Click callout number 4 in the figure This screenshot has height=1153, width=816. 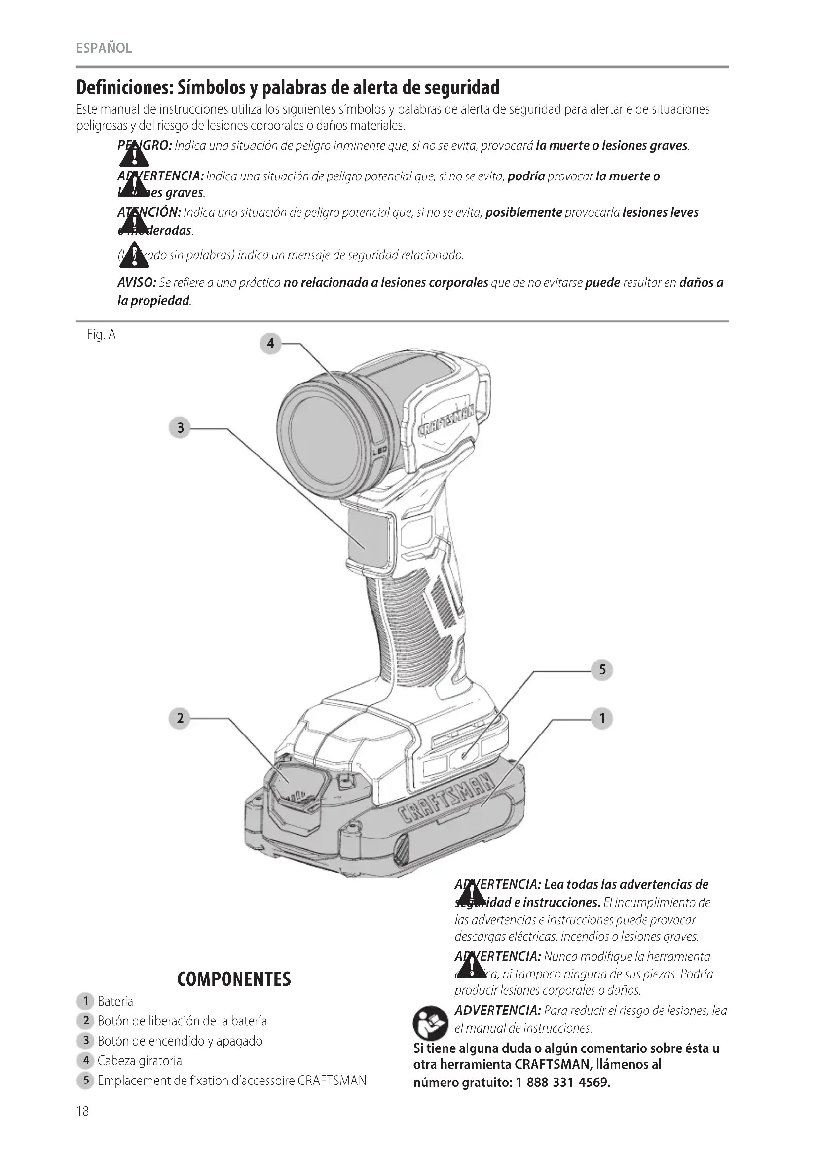(270, 344)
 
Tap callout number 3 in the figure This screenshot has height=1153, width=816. (180, 428)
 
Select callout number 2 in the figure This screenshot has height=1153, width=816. (180, 718)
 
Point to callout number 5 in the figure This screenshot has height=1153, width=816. (602, 670)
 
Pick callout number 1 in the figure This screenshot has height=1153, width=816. (602, 718)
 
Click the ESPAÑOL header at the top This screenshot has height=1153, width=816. (104, 48)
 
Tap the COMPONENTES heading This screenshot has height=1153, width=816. (234, 979)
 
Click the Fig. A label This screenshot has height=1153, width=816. (101, 334)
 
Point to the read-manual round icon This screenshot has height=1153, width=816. (430, 1023)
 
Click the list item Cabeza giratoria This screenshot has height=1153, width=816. (139, 1061)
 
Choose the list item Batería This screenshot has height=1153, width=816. (115, 1001)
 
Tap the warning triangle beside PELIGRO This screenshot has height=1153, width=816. (134, 155)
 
